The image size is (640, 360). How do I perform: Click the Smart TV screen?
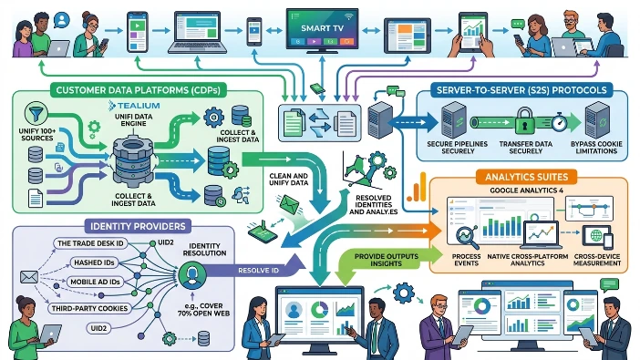319,29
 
